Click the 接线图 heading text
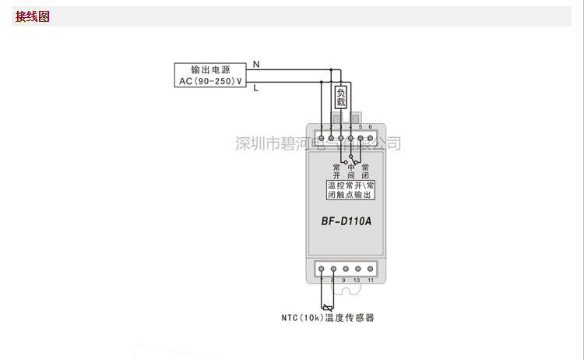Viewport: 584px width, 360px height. [x=33, y=16]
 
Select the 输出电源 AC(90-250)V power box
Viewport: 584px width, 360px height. [x=209, y=75]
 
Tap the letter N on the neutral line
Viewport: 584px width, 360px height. [x=256, y=63]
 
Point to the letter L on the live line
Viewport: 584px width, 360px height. [x=255, y=88]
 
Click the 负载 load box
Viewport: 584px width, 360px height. [x=340, y=97]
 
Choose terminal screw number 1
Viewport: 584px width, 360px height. [x=321, y=138]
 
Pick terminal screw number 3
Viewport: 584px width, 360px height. [x=340, y=138]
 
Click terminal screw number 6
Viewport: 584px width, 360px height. [x=370, y=138]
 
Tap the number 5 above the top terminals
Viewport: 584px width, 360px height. [x=361, y=126]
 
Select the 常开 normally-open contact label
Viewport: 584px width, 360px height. [x=336, y=171]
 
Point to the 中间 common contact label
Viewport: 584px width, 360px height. [x=351, y=171]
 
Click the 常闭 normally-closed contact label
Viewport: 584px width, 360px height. [x=365, y=171]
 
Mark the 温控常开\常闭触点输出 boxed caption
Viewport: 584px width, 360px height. [x=351, y=189]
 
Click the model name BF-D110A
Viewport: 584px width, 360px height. [x=347, y=221]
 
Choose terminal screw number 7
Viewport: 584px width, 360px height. [x=320, y=268]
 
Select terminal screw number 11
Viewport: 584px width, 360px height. [x=370, y=268]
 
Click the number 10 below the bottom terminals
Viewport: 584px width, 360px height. [x=357, y=279]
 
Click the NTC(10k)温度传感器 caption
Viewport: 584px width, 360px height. [x=328, y=318]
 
